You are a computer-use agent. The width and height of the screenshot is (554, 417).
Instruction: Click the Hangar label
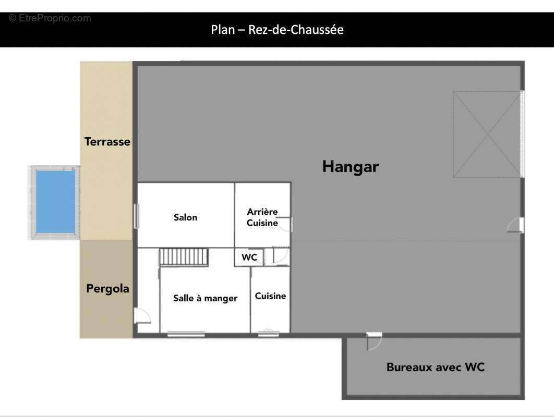tap(350, 167)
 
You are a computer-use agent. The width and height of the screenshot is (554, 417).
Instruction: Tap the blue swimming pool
tap(55, 202)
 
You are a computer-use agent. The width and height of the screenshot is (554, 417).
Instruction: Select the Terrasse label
tap(107, 142)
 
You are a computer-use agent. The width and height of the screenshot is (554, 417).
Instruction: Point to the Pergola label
tap(107, 288)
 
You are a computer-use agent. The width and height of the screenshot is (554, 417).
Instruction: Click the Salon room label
tap(185, 217)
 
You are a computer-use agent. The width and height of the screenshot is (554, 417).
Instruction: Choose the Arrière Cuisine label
tap(262, 217)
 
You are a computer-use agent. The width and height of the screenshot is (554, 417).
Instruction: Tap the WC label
tap(249, 257)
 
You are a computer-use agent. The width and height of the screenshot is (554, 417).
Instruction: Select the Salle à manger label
tap(205, 298)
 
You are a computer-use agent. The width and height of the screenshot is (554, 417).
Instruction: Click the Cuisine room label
tap(270, 296)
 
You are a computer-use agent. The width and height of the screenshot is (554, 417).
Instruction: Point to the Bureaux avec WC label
tap(435, 367)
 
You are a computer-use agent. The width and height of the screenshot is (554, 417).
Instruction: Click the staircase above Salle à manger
tap(184, 257)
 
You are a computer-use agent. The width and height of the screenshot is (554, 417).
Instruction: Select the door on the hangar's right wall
tap(516, 225)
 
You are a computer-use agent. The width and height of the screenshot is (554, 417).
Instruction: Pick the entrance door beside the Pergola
tap(141, 316)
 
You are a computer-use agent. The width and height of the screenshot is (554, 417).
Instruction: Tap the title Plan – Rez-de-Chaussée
tap(277, 30)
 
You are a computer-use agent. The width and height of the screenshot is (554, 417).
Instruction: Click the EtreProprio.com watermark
tap(50, 18)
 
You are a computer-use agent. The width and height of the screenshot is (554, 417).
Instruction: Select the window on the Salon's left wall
tap(136, 216)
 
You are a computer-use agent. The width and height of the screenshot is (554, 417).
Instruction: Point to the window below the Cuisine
tap(269, 333)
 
